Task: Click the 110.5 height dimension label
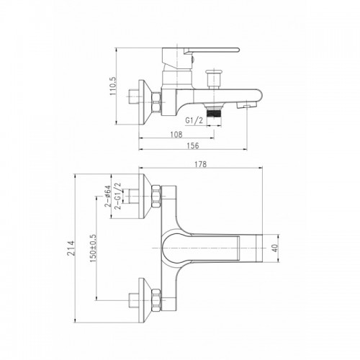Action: click(112, 86)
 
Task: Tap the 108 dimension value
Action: click(176, 135)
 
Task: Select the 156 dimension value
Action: click(193, 145)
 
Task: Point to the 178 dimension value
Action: click(201, 164)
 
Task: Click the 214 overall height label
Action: click(71, 248)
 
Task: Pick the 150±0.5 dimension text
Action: click(93, 248)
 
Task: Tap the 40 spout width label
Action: click(275, 248)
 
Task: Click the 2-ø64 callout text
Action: click(107, 196)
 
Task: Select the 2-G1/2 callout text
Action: click(118, 196)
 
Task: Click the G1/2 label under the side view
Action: click(194, 120)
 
